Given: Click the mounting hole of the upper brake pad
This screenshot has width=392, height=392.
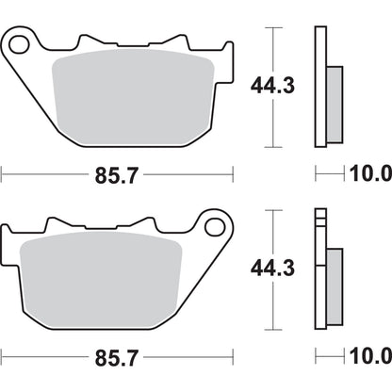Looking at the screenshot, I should [18, 43].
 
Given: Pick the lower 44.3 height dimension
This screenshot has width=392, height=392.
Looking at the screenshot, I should [272, 269].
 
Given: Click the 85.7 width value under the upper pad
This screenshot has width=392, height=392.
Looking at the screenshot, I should [117, 174].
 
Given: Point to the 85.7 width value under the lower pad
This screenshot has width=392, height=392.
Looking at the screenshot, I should [117, 358].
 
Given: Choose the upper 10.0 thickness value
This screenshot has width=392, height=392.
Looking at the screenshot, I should [369, 174].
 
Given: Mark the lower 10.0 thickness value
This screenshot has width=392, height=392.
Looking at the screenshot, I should [369, 358].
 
